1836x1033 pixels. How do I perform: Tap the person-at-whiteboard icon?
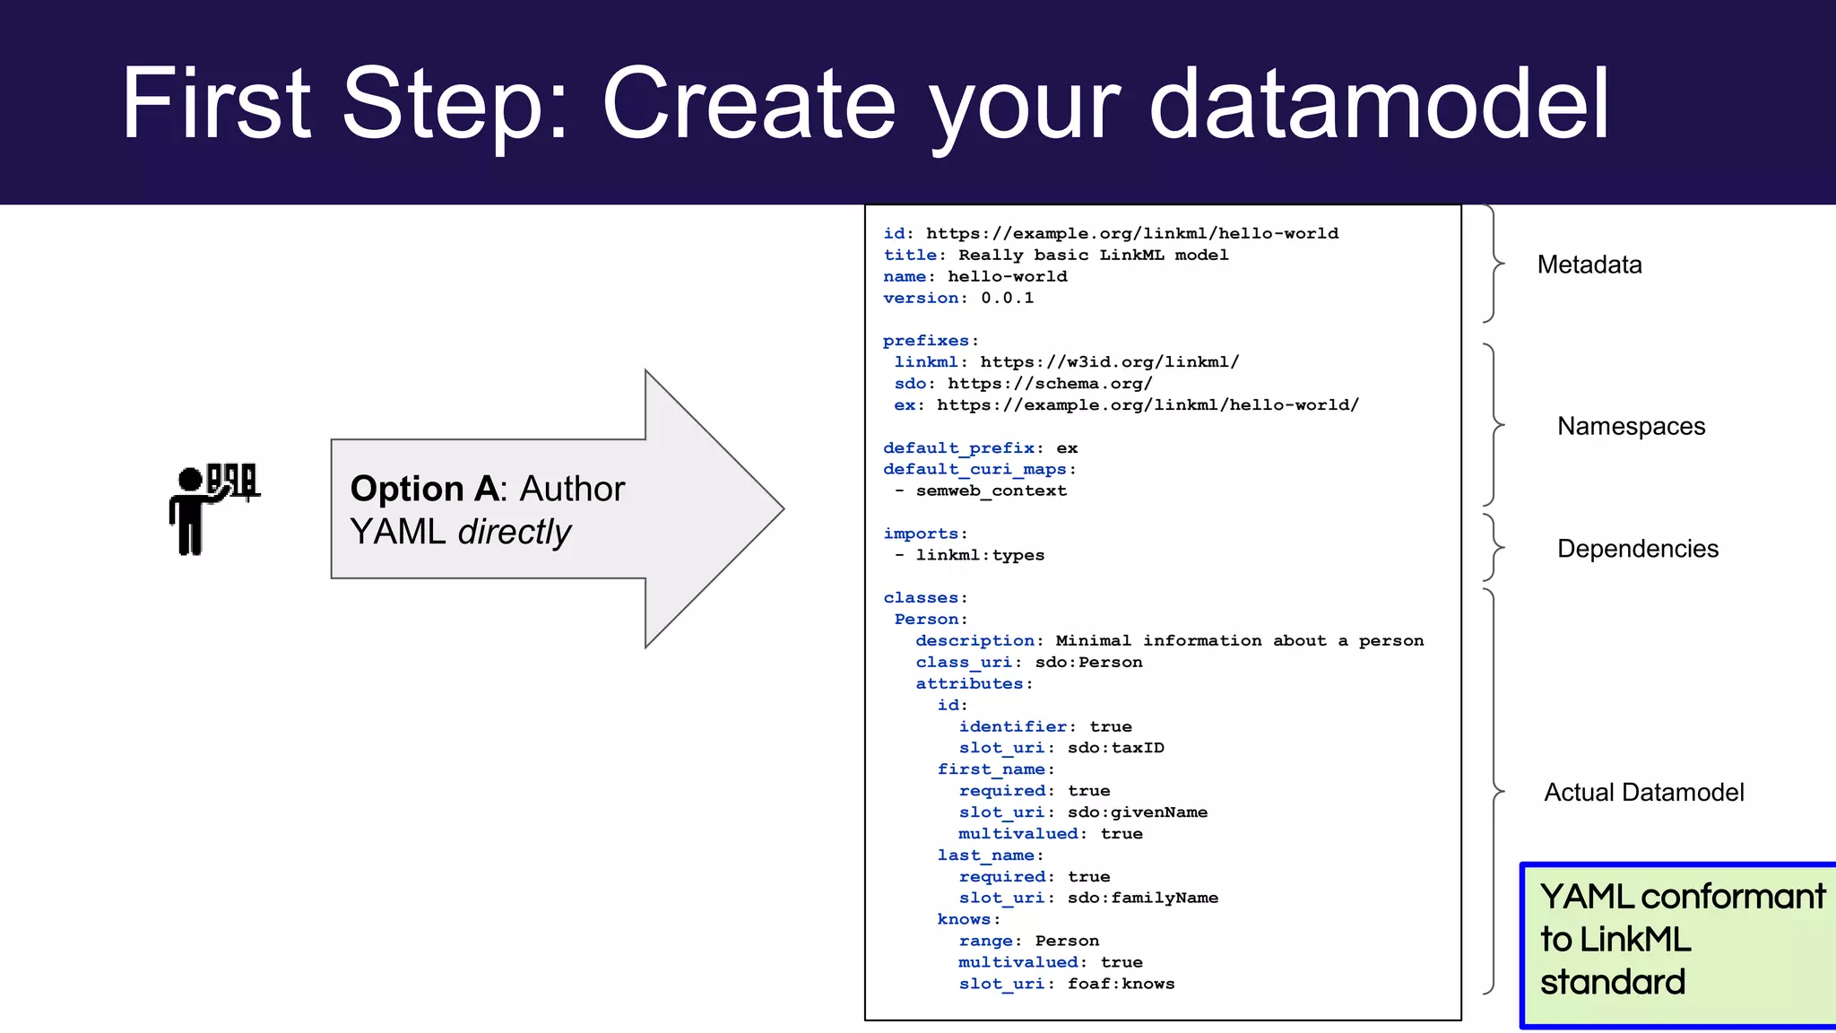[214, 508]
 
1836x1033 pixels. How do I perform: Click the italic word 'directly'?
[515, 533]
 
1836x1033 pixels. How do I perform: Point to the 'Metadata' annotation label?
[1589, 265]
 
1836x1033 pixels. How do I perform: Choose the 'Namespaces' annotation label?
[1631, 426]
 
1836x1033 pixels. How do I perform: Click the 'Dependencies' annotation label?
[1638, 549]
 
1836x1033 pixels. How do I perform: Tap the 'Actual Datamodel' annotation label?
[1643, 793]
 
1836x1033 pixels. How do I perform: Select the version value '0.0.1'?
[1007, 298]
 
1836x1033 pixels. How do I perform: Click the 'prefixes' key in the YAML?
[926, 341]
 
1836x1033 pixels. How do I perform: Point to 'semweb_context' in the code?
[991, 490]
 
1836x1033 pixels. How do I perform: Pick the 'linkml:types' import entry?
[980, 555]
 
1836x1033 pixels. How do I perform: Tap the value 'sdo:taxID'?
[1115, 748]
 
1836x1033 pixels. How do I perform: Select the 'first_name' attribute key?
[992, 769]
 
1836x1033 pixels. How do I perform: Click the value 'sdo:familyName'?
[1142, 898]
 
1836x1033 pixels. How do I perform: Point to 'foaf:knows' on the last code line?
[1121, 984]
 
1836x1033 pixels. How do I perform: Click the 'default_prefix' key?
[958, 448]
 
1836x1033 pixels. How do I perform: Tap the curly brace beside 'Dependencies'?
[1493, 548]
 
